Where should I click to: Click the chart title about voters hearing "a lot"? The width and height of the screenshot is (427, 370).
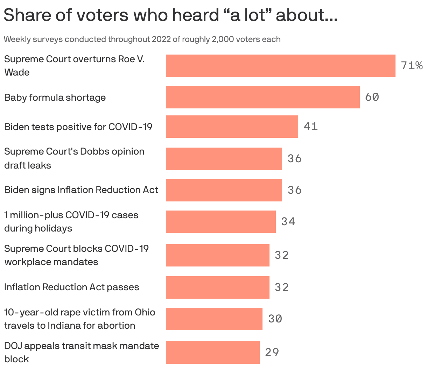point(170,15)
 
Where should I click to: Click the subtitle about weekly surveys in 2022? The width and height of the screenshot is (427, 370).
point(142,39)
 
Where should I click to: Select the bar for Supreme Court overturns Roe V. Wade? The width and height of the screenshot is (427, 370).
point(280,66)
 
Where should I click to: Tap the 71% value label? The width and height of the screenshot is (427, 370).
point(412,66)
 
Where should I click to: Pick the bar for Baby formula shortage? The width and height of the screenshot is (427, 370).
point(262,97)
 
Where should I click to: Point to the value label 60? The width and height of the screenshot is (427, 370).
point(372,97)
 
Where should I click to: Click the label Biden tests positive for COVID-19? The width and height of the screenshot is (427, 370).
point(78,127)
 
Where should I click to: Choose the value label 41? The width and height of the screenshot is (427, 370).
point(310,127)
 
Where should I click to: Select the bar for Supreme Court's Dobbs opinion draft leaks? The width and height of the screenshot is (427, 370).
point(224,159)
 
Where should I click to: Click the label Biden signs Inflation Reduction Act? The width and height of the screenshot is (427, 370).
point(81,190)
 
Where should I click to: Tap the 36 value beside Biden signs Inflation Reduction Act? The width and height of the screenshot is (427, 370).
point(294,190)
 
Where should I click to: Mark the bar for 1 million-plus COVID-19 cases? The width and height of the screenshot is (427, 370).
point(220,222)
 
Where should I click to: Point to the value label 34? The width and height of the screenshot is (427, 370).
point(288,222)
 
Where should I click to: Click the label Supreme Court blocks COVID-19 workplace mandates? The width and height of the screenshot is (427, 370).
point(76,255)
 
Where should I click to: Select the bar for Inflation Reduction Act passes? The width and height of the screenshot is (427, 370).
point(217,287)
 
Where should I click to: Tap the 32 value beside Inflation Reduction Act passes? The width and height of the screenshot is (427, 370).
point(281,287)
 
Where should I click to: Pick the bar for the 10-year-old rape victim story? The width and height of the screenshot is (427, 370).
point(214,319)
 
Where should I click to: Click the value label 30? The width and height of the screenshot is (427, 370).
point(275,319)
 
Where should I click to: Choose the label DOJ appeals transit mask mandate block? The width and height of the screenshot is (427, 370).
point(82,352)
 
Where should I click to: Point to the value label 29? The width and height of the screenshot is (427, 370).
point(272,353)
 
